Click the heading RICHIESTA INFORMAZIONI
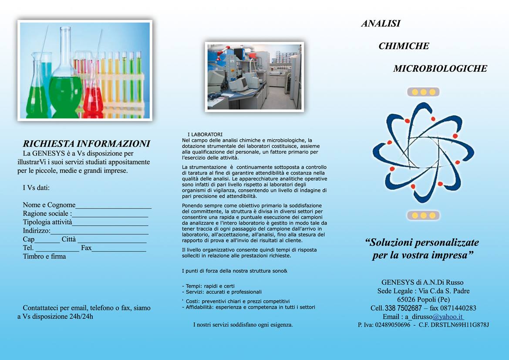[x=86, y=144]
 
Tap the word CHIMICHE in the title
[x=404, y=46]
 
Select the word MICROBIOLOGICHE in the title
[x=440, y=69]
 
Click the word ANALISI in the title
[x=381, y=24]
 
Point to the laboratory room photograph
[x=254, y=77]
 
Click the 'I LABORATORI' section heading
[x=205, y=135]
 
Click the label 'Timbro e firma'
[x=44, y=256]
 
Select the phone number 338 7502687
[x=403, y=308]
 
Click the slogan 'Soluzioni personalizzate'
[x=422, y=242]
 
